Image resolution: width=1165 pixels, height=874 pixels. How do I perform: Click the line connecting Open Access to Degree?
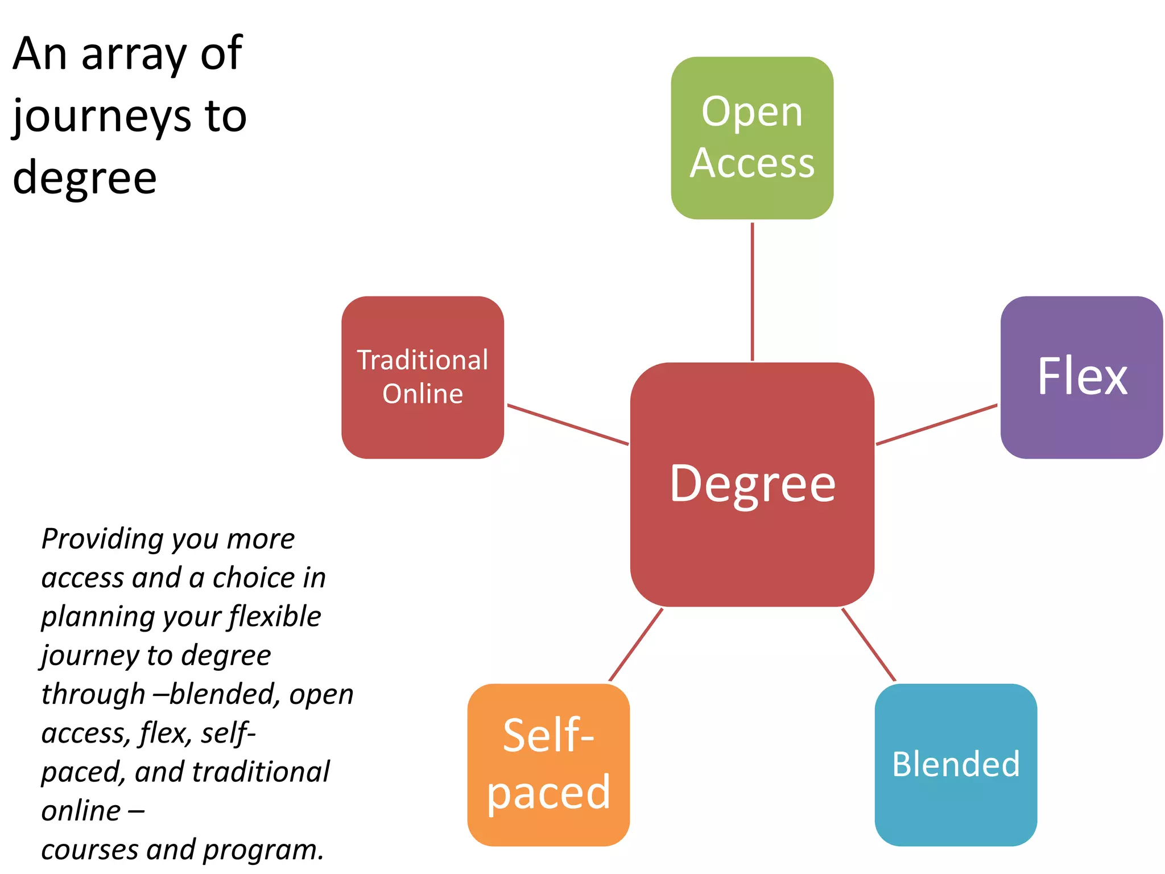pyautogui.click(x=752, y=290)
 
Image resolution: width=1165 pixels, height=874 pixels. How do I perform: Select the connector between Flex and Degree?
pyautogui.click(x=936, y=424)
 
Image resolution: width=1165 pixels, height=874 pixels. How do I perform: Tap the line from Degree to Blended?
pyautogui.click(x=868, y=644)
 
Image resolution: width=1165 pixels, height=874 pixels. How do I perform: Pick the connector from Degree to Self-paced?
pyautogui.click(x=636, y=644)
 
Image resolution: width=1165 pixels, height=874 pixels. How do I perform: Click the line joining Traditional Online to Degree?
pyautogui.click(x=568, y=424)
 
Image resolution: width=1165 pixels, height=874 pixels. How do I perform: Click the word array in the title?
pyautogui.click(x=134, y=55)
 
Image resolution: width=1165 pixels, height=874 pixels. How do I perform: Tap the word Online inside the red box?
pyautogui.click(x=423, y=394)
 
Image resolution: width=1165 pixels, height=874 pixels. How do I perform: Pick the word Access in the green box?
pyautogui.click(x=752, y=163)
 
